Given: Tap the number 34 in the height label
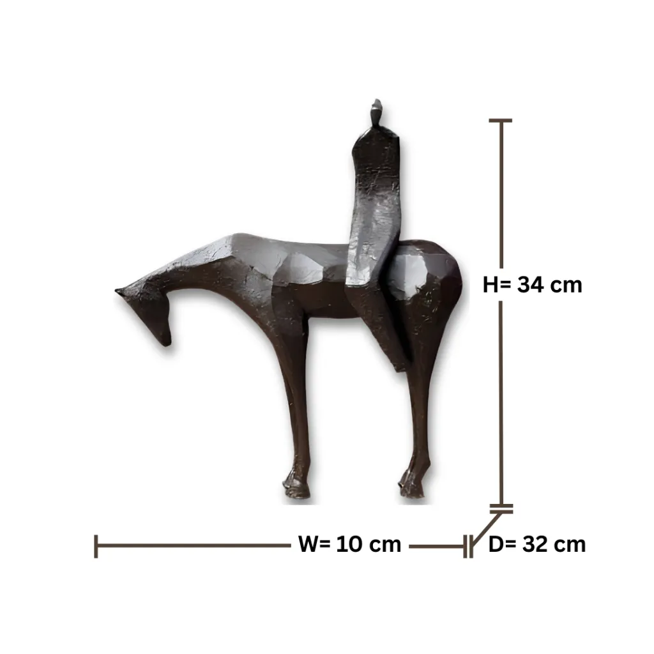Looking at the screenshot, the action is point(530,285).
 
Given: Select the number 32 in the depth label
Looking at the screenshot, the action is point(535,544).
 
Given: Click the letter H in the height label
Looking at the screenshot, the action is point(490,285).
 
